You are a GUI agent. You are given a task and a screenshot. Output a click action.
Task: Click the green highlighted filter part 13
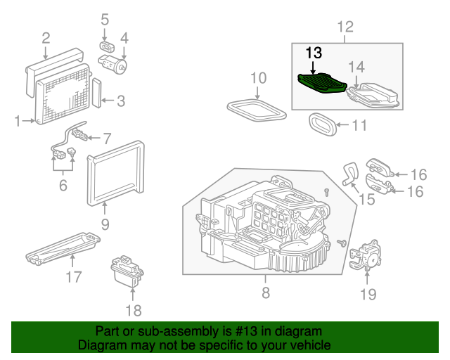tap(322, 84)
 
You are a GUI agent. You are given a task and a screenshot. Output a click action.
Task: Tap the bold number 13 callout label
tap(313, 53)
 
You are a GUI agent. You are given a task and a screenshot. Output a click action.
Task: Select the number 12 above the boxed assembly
tap(345, 27)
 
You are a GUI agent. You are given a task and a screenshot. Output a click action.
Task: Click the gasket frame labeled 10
tap(257, 107)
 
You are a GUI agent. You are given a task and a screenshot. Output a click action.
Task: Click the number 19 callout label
tap(368, 294)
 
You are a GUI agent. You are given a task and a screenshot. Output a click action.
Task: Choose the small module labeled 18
tap(127, 272)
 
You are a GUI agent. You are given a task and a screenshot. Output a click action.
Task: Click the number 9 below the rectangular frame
tap(104, 225)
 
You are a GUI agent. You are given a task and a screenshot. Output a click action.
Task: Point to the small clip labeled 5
tap(105, 46)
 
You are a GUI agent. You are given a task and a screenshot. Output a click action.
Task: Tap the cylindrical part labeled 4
tap(120, 67)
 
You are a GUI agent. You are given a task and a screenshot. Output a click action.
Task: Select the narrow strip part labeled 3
tap(96, 91)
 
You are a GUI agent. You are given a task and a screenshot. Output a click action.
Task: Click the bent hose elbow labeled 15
tap(349, 172)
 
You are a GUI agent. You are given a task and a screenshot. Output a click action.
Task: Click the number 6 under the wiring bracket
tap(63, 186)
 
